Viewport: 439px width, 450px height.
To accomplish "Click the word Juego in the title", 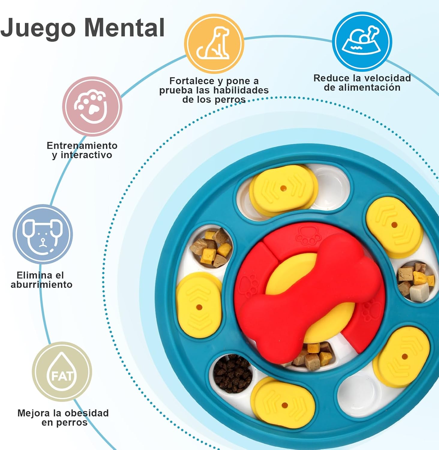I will coord(38,28).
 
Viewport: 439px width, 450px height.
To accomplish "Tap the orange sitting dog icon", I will coord(214,44).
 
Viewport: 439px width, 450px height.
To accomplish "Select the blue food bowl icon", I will coord(362,41).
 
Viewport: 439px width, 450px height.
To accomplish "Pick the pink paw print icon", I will coord(92,106).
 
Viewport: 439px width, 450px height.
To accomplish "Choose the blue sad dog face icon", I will coord(43,234).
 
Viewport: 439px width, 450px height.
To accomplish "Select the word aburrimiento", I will coord(42,284).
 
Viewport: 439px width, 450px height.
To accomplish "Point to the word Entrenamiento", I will coord(82,145).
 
